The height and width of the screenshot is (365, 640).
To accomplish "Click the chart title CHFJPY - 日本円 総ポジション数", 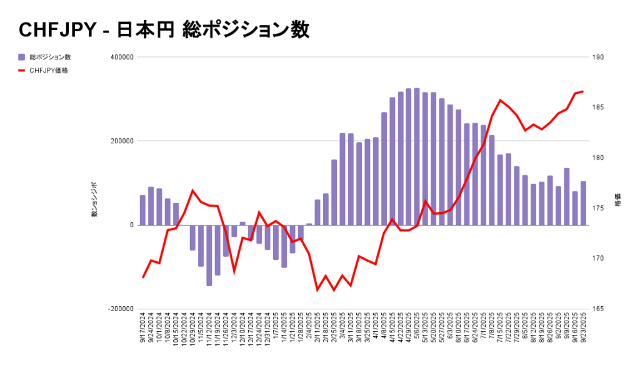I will [x=164, y=30].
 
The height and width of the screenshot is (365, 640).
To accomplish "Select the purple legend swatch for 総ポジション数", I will [x=22, y=57].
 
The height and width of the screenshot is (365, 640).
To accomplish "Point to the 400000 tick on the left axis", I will [x=122, y=57].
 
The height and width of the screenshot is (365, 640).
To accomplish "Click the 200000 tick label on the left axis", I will [x=122, y=141].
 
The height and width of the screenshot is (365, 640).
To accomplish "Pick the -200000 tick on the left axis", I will [x=121, y=309].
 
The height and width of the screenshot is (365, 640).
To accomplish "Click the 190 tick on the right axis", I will [x=597, y=57].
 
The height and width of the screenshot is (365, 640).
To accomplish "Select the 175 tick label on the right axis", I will [x=597, y=208].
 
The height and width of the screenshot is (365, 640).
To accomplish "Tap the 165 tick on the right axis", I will [x=597, y=309].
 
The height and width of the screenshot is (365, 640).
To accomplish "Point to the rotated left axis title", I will [x=95, y=200].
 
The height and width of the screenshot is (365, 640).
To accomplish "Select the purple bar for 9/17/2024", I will [x=142, y=210].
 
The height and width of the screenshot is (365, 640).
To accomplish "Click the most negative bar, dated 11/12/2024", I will [x=209, y=255].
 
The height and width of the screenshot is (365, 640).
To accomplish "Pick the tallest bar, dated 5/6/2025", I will [x=417, y=157].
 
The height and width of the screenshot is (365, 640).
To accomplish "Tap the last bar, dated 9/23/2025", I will [x=583, y=203].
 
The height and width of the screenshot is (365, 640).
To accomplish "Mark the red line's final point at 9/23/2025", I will [x=583, y=91].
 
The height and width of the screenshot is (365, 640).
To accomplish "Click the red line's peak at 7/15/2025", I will [x=500, y=100].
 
